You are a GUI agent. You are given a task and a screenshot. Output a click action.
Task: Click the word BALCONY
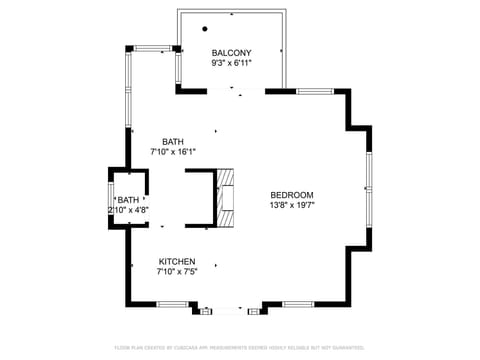click(231, 52)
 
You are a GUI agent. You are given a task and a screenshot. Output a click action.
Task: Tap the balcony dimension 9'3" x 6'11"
click(231, 63)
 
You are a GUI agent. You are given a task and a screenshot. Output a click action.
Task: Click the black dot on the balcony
click(204, 29)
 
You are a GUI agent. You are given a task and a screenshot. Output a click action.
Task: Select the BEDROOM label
click(292, 195)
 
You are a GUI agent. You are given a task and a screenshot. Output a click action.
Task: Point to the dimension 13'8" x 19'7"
click(292, 206)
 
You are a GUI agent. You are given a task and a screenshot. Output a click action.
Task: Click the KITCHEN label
click(177, 260)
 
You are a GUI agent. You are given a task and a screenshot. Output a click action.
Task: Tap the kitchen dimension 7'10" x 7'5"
click(177, 271)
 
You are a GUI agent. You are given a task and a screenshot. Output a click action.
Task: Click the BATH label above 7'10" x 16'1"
click(173, 141)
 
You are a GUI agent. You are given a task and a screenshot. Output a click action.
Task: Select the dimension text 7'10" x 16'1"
click(173, 152)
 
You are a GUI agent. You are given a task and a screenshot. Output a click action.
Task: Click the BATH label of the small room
click(129, 200)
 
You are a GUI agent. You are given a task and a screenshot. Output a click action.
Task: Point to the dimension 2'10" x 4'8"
click(129, 210)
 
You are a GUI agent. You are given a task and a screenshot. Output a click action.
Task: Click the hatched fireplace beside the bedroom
click(228, 197)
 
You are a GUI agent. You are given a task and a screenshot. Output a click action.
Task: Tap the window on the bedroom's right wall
click(369, 190)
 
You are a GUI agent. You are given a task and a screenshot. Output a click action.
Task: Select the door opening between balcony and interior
click(236, 91)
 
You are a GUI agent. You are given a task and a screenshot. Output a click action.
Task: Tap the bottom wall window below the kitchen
click(172, 303)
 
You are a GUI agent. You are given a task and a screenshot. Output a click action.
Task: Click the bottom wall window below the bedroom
click(297, 303)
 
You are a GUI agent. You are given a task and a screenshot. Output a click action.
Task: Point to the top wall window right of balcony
click(314, 91)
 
